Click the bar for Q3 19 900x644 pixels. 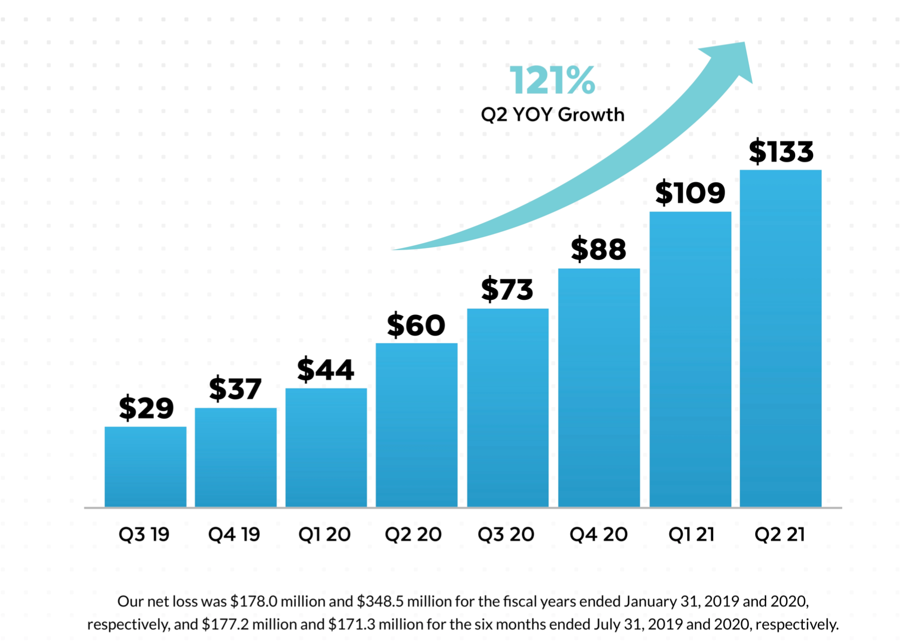145,467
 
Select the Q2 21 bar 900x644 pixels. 781,338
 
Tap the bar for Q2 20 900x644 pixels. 417,425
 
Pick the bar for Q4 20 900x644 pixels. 599,388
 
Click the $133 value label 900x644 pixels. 781,151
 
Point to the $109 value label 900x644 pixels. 690,192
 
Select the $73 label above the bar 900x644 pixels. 507,289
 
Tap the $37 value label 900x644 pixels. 236,388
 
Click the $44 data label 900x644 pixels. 326,369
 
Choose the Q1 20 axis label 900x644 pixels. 324,535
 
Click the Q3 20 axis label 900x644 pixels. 506,535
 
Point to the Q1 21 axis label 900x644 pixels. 691,535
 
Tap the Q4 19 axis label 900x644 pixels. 234,535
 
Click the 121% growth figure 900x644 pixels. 553,81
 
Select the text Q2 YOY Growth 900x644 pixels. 553,115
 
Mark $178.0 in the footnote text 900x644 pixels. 254,601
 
